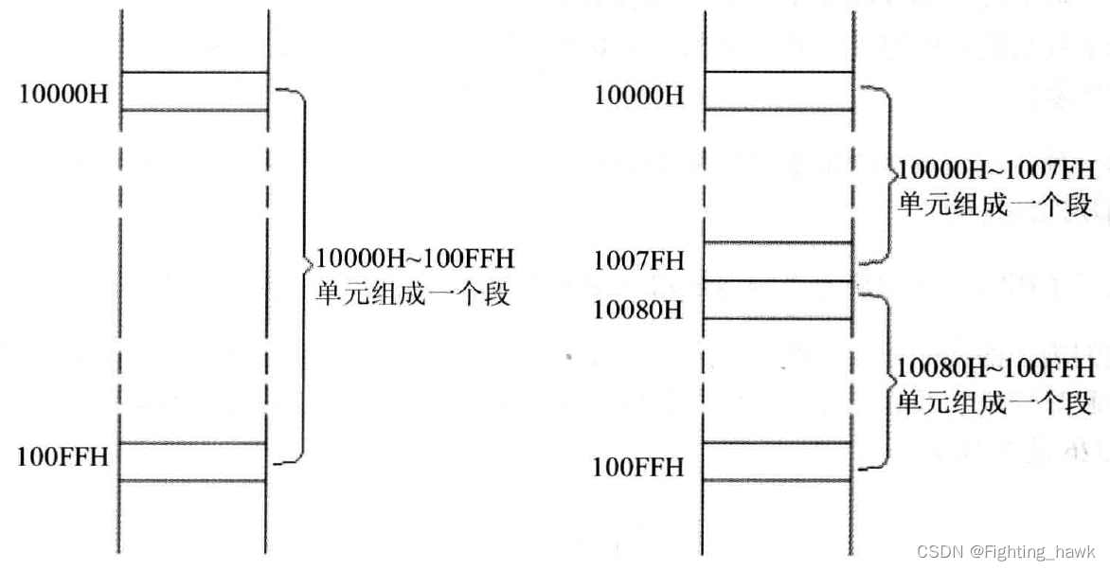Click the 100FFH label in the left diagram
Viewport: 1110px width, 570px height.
point(63,457)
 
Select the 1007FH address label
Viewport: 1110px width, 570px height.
point(638,260)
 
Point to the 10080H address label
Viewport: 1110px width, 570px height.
point(638,310)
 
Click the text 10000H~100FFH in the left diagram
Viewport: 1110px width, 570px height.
point(415,258)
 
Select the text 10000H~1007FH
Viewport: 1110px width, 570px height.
point(996,171)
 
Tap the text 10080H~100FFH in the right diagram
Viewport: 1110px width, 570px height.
point(995,367)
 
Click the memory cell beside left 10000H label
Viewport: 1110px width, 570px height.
point(194,91)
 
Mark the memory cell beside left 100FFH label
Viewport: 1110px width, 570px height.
point(194,461)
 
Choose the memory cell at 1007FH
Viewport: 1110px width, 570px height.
point(779,260)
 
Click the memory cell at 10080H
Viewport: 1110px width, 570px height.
point(779,299)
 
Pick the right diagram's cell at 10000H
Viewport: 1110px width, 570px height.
point(779,91)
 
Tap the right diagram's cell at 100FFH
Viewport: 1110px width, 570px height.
point(779,461)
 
